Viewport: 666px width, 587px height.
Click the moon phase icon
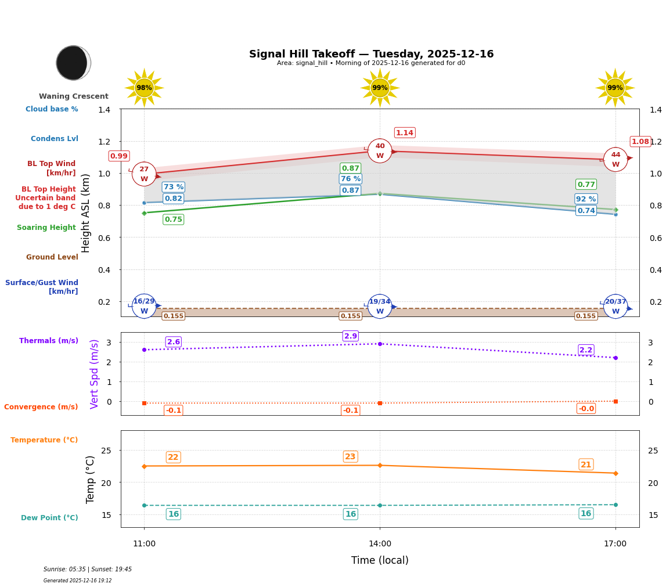point(73,63)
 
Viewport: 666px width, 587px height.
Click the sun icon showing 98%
point(144,88)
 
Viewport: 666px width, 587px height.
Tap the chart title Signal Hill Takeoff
point(371,54)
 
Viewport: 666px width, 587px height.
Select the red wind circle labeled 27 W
point(144,174)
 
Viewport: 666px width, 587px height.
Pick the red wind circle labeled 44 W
point(615,159)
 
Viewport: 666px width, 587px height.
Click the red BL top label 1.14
point(405,133)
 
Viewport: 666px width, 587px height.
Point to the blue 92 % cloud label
point(586,199)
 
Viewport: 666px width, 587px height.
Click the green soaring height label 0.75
point(173,219)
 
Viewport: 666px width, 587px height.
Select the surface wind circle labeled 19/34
point(380,307)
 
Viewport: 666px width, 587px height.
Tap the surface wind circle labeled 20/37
point(615,307)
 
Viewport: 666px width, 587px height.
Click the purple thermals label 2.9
point(351,336)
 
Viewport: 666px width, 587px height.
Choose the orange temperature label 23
point(350,457)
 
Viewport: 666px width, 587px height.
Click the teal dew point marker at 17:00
point(615,505)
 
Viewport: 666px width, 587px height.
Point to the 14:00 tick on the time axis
point(380,544)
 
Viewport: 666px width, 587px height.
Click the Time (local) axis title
point(380,560)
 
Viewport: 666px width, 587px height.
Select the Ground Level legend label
point(52,257)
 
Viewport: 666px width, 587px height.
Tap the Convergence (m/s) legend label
point(41,407)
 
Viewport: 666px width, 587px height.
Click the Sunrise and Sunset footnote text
point(88,570)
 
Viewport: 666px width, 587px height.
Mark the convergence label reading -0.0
point(586,409)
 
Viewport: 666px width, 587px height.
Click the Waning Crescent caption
point(74,96)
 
